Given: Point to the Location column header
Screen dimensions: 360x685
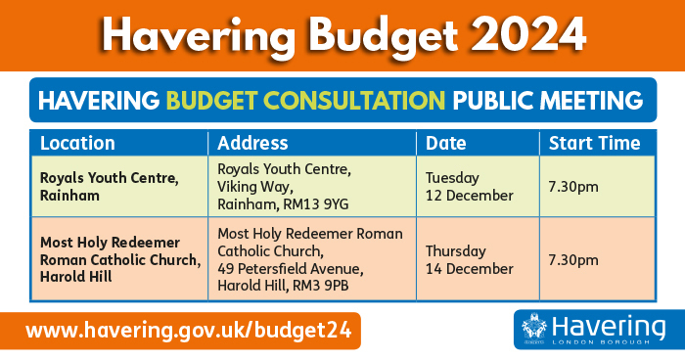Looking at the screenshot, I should (x=77, y=143).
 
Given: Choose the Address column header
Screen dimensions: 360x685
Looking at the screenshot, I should (x=252, y=143).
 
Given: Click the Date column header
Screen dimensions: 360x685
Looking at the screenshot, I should (x=446, y=143).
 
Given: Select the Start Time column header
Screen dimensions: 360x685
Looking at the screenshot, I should (x=594, y=143).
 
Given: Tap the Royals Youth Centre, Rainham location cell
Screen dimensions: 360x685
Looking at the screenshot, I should (x=109, y=186).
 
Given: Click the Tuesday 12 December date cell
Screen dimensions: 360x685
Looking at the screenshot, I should (x=469, y=186).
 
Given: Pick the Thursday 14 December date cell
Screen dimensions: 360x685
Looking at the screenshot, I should (x=469, y=259).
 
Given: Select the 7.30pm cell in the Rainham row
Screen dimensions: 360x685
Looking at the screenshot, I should (x=573, y=186).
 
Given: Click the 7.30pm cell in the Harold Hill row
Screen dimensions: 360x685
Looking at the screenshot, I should (x=573, y=259).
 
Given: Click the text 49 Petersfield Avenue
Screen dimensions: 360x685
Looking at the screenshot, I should (x=290, y=268).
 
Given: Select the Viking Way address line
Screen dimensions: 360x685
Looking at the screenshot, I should (x=253, y=185).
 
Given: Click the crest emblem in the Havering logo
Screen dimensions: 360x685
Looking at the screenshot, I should (x=533, y=329).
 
